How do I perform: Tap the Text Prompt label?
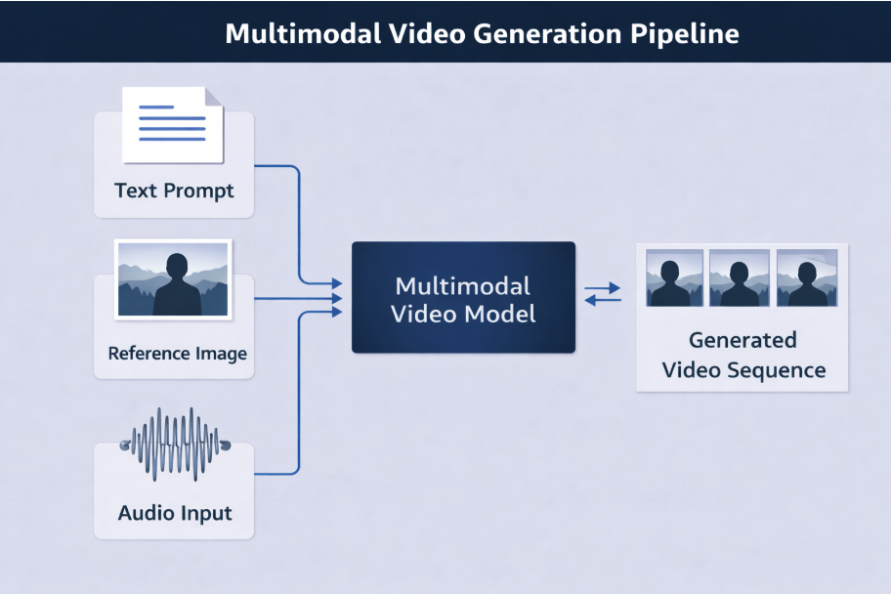[x=174, y=190]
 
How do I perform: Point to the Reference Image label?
[x=178, y=353]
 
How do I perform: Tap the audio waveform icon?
[x=174, y=445]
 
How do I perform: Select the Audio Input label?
[x=175, y=512]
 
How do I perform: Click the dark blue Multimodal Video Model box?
[x=463, y=297]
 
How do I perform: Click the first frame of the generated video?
[x=674, y=277]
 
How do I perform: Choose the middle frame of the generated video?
[x=739, y=277]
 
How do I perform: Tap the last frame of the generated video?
[x=806, y=277]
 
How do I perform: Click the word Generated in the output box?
[x=742, y=340]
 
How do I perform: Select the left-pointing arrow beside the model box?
[x=603, y=300]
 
